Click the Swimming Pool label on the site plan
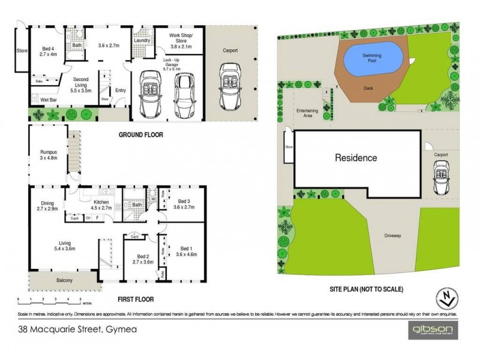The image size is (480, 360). (x=372, y=57)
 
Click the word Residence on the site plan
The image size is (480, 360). (x=356, y=158)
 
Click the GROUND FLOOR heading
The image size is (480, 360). (x=143, y=135)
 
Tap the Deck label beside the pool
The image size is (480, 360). (x=370, y=88)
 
